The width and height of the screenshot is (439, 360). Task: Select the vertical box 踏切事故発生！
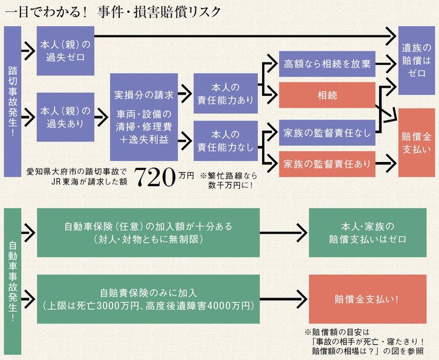(12, 101)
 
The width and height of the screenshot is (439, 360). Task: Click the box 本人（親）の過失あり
(65, 117)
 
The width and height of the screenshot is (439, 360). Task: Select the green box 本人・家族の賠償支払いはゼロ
(367, 232)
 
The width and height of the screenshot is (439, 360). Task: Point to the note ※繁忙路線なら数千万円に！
(228, 180)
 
